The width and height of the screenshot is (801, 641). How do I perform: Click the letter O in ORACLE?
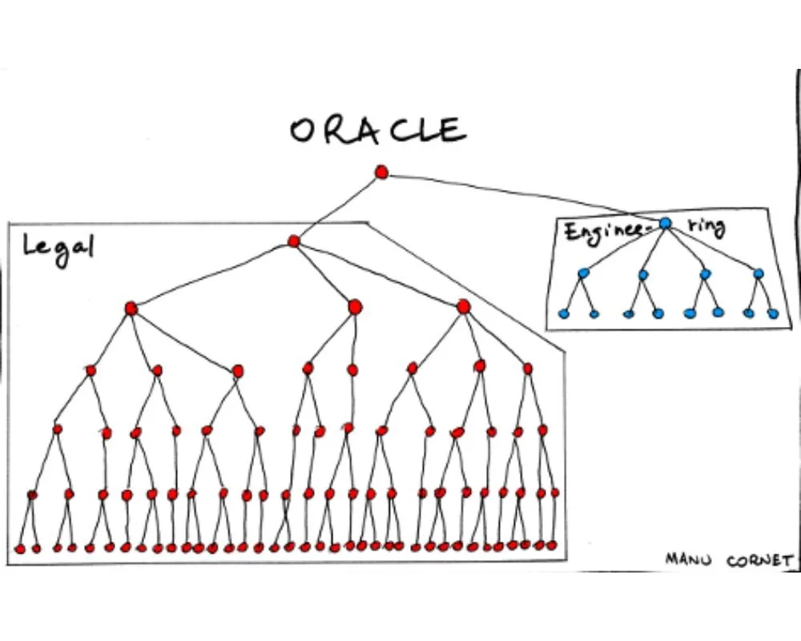(304, 131)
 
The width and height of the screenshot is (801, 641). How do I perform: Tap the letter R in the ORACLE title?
(337, 131)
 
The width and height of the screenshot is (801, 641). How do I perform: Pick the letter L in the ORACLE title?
(429, 130)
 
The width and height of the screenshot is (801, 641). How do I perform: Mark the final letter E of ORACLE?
(453, 130)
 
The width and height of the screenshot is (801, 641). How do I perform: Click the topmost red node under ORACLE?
(381, 171)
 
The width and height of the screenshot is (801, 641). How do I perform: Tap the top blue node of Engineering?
(665, 224)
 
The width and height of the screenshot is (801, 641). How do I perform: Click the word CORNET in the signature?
(759, 560)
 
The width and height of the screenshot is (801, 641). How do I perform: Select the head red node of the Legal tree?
(293, 240)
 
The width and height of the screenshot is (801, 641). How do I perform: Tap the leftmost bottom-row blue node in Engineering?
(563, 313)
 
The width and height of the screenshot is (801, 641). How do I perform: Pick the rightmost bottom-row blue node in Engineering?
(773, 313)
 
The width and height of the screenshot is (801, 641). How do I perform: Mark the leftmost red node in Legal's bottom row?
(20, 549)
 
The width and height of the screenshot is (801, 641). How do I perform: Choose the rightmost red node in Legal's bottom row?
(552, 545)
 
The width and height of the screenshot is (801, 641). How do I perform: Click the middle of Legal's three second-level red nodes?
(355, 306)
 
